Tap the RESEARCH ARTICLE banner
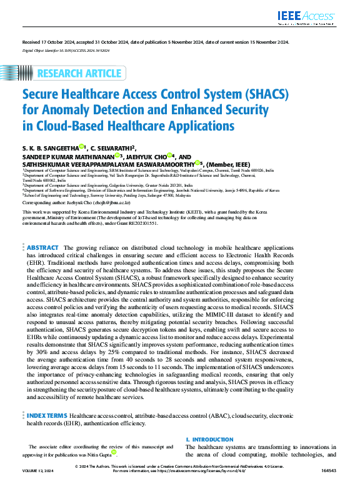[79, 74]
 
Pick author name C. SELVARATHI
[119, 147]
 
